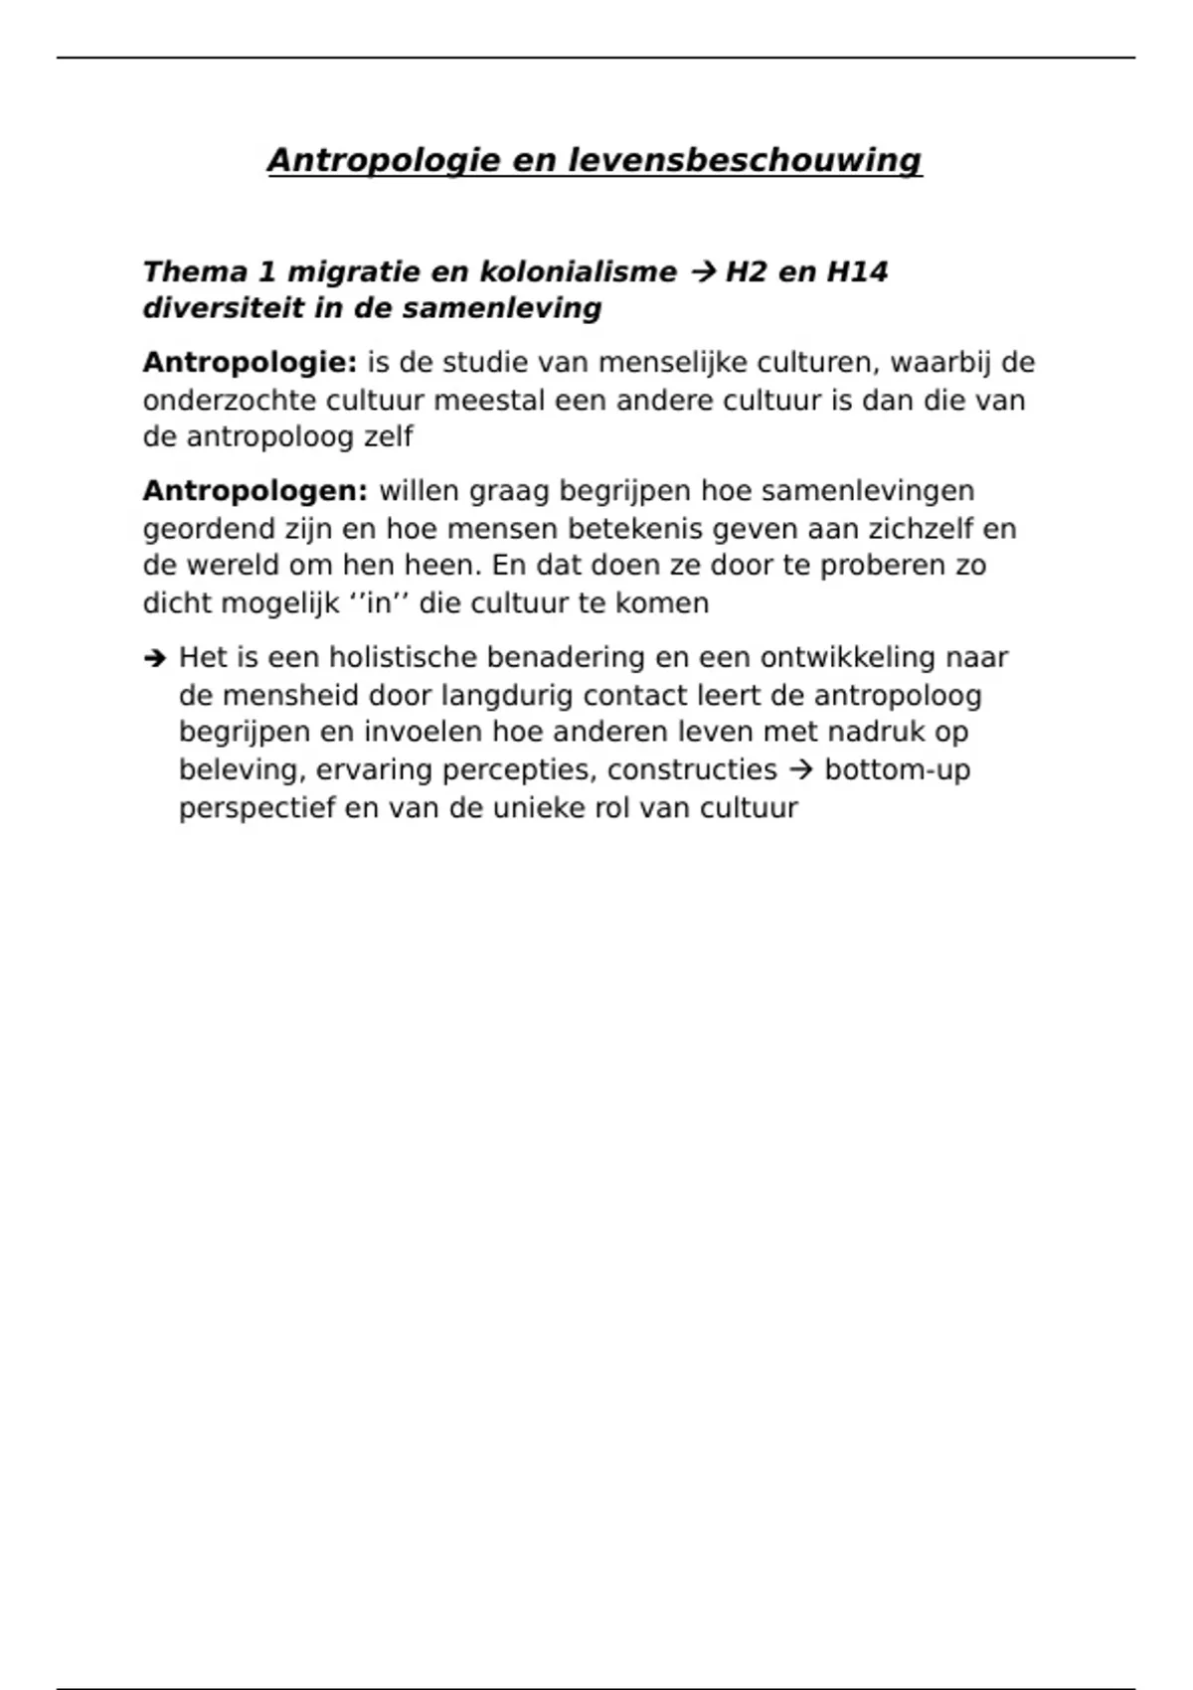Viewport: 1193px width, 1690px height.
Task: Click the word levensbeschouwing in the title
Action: pyautogui.click(x=745, y=160)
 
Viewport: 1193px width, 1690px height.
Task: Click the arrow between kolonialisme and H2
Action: pyautogui.click(x=701, y=271)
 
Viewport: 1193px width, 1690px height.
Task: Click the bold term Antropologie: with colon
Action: pyautogui.click(x=250, y=363)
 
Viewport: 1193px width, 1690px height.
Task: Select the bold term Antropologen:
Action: pyautogui.click(x=256, y=491)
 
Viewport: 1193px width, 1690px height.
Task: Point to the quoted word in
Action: pyautogui.click(x=380, y=603)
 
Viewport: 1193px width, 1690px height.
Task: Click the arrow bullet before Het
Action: pyautogui.click(x=153, y=658)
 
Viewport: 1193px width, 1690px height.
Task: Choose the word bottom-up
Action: pyautogui.click(x=898, y=770)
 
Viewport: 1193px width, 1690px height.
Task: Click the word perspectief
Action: pyautogui.click(x=257, y=808)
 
